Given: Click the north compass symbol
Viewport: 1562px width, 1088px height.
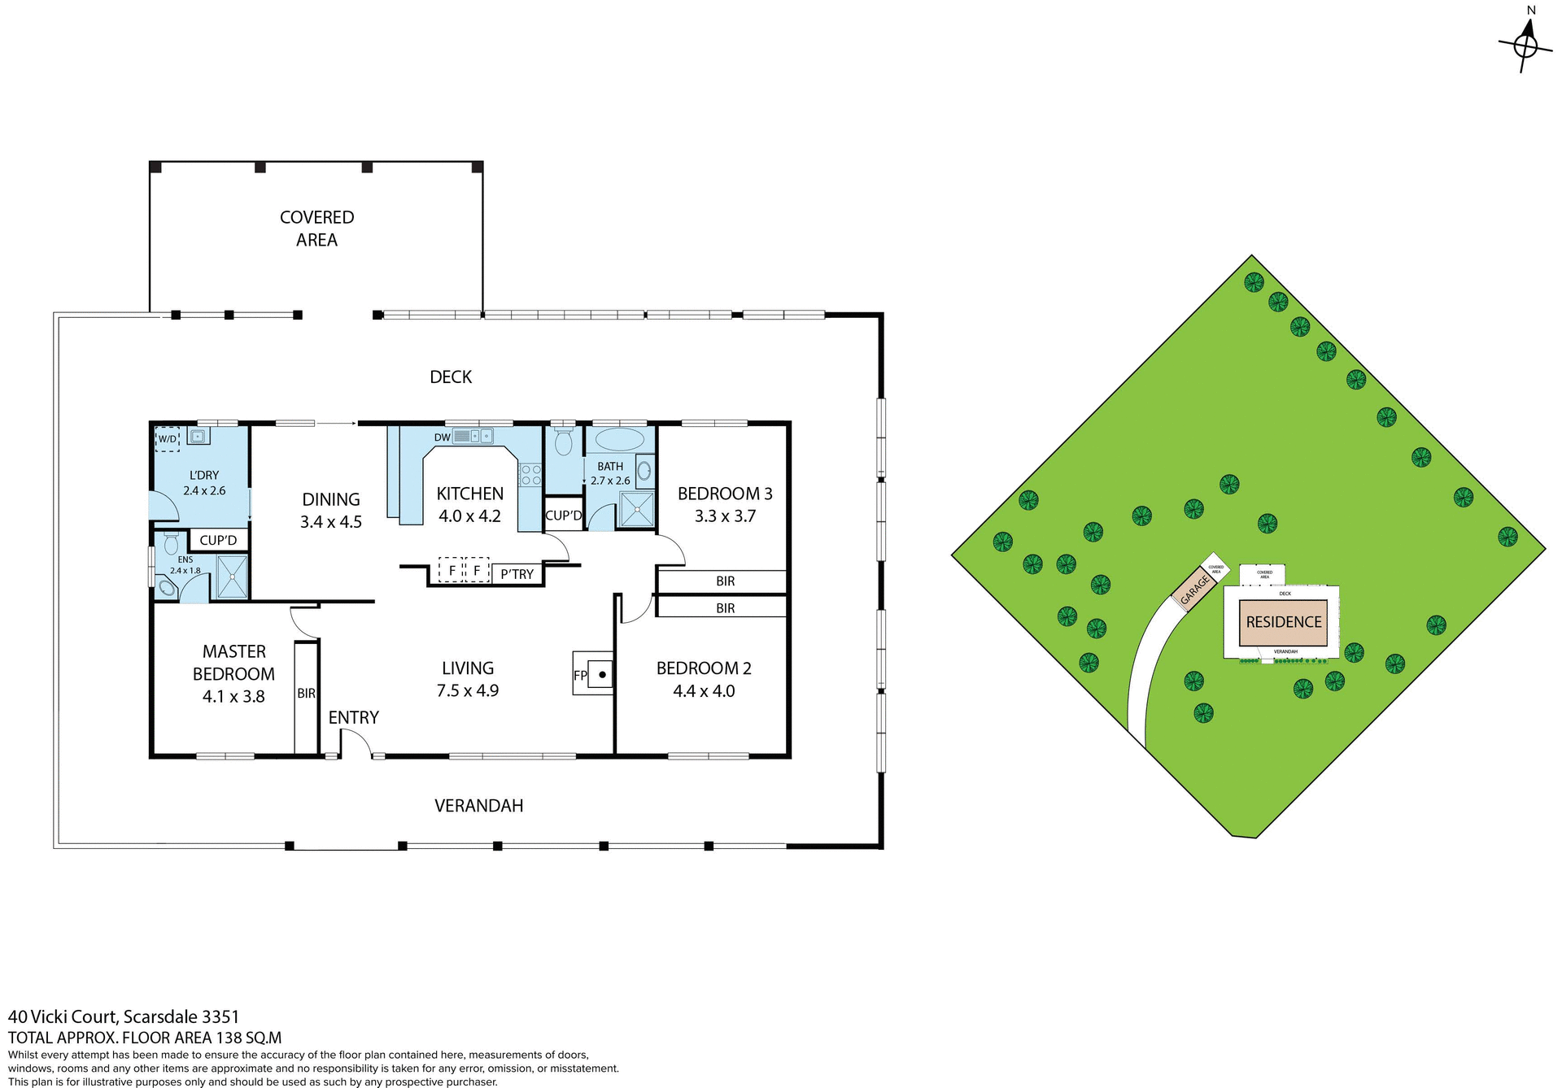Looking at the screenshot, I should click(1525, 45).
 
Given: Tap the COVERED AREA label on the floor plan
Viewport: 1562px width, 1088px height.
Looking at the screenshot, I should click(316, 228).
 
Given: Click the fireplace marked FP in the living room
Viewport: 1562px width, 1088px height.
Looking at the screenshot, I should click(600, 674).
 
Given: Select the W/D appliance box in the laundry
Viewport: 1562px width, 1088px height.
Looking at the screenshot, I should click(168, 439).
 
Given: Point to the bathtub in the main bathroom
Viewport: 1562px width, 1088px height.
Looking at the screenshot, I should click(619, 440).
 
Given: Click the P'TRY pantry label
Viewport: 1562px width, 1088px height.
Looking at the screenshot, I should click(517, 574).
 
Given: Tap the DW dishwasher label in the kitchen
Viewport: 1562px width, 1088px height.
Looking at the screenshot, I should click(442, 437).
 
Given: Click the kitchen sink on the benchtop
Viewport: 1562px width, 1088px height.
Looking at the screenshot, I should click(473, 437).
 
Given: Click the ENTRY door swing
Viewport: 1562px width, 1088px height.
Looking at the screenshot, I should click(355, 743).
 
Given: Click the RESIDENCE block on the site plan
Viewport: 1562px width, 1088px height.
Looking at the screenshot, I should click(1284, 622).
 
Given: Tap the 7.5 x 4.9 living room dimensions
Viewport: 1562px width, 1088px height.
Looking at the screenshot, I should click(468, 691).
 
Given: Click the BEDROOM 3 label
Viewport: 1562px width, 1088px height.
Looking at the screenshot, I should click(725, 494).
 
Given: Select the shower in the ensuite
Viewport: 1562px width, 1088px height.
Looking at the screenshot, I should click(232, 577).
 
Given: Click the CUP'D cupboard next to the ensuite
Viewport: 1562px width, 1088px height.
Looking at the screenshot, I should click(218, 540).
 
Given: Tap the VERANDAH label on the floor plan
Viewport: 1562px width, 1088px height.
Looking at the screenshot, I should click(478, 806).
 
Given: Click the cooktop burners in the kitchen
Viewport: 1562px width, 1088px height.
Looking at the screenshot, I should click(530, 475).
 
